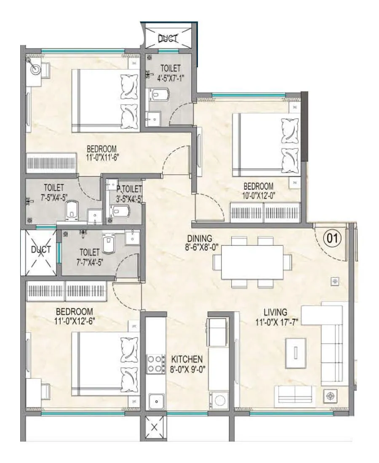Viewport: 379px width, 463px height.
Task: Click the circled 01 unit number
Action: click(x=331, y=239)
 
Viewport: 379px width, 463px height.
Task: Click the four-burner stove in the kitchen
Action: click(x=155, y=364)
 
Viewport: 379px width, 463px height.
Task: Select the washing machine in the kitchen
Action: click(x=219, y=399)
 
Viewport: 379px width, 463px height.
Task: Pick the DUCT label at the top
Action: click(x=168, y=39)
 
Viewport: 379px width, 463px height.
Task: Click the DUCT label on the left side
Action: click(x=40, y=249)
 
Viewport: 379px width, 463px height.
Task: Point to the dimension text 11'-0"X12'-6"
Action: click(x=74, y=320)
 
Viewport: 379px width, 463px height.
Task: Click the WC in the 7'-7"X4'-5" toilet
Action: click(x=108, y=245)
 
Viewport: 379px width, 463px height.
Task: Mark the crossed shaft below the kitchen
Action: click(x=154, y=428)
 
